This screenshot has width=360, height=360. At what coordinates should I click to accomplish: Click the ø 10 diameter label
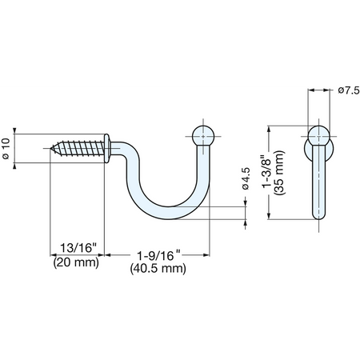[6, 149]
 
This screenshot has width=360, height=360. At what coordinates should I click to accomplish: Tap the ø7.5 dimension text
[349, 90]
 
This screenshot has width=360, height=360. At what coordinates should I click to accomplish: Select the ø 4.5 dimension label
[246, 178]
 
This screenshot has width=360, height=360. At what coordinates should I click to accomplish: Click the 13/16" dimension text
[78, 248]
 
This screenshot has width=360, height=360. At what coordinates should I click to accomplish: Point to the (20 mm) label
[76, 262]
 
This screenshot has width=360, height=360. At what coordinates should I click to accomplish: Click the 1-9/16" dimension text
[159, 255]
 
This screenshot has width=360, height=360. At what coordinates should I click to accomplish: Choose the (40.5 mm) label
[158, 269]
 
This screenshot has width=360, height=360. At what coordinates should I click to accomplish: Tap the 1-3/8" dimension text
[266, 172]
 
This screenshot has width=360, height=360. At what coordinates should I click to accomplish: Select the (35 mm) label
[280, 173]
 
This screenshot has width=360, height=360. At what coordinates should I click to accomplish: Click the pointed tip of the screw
[51, 148]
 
